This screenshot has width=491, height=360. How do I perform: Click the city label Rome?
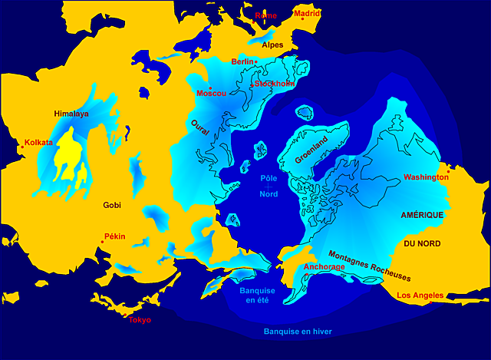(x=265, y=15)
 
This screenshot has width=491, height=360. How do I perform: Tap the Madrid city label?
(x=307, y=13)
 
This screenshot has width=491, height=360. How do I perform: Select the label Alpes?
(x=272, y=45)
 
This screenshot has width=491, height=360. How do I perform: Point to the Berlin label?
(x=242, y=61)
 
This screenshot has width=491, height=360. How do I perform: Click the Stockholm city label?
(x=275, y=84)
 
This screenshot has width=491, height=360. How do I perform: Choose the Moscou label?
(x=212, y=94)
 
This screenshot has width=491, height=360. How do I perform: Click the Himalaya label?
(x=71, y=114)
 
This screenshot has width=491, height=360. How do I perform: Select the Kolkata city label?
(x=38, y=142)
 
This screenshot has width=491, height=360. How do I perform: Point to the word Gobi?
(x=113, y=205)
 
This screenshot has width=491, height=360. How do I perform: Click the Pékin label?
(x=114, y=236)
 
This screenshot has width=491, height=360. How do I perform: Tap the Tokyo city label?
(x=140, y=319)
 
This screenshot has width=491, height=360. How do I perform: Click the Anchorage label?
(x=325, y=267)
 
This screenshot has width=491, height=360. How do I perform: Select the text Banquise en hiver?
(x=298, y=332)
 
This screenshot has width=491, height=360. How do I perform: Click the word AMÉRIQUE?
(x=422, y=216)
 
